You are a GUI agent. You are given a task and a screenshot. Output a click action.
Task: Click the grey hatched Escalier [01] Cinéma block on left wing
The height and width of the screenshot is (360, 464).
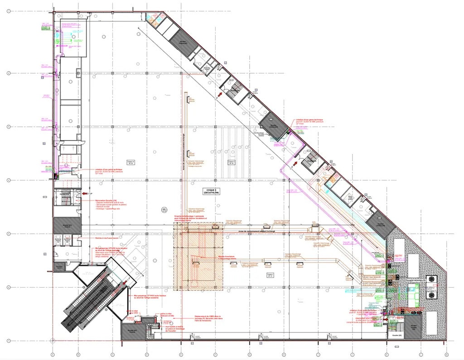coord(67,225)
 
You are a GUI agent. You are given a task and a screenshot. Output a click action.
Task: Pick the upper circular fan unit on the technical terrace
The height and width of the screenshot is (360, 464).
coord(432,280)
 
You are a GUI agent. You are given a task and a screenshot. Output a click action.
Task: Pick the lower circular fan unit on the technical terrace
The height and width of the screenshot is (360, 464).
coord(432,295)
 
